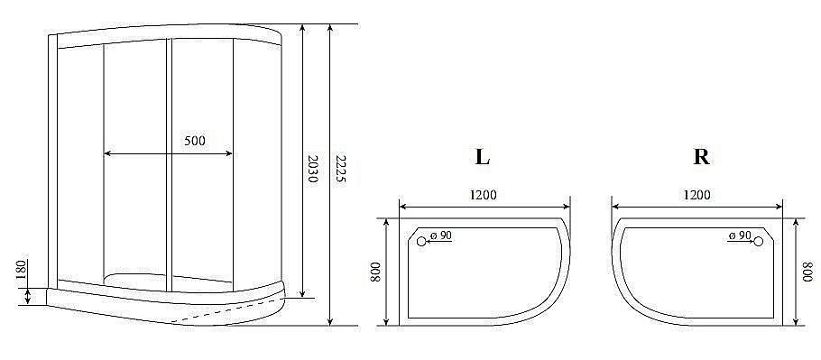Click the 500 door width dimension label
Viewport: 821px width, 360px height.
(x=195, y=140)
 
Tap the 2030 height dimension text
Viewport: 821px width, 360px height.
(x=312, y=169)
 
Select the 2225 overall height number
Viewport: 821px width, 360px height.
(x=341, y=169)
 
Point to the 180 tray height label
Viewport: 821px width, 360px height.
(x=22, y=271)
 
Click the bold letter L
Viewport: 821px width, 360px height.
(x=483, y=156)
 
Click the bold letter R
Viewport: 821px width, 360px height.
(x=701, y=156)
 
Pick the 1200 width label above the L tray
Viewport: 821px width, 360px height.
(x=483, y=195)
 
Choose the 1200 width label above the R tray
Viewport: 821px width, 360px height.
(x=696, y=195)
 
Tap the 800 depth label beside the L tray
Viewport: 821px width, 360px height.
(x=375, y=271)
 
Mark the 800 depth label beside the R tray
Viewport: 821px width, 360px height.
(x=809, y=272)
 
